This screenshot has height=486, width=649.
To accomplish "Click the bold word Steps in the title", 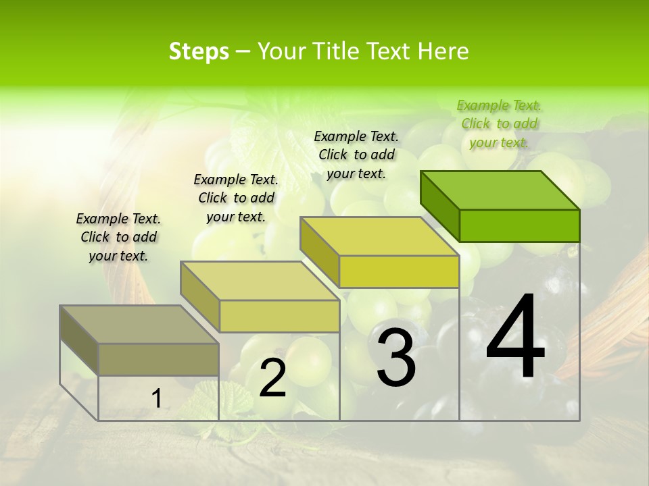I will pos(199,51).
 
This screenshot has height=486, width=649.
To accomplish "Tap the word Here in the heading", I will pos(443,51).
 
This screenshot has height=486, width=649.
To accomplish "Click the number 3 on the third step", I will pos(396,358).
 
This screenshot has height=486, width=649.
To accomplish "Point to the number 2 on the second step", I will pos(272,378).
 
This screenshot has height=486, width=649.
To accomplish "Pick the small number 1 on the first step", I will pos(156,399).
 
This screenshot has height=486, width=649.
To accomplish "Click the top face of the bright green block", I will pos(500,190).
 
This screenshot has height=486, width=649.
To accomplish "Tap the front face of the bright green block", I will pos(519,225).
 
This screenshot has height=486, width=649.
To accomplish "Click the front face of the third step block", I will pos(399,271).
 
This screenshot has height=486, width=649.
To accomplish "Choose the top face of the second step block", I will pos(260,281).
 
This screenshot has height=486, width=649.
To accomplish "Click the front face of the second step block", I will pos(279,316).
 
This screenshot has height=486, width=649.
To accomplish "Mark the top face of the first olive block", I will pos(139,325).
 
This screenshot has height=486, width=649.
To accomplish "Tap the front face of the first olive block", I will pos(158,359).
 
